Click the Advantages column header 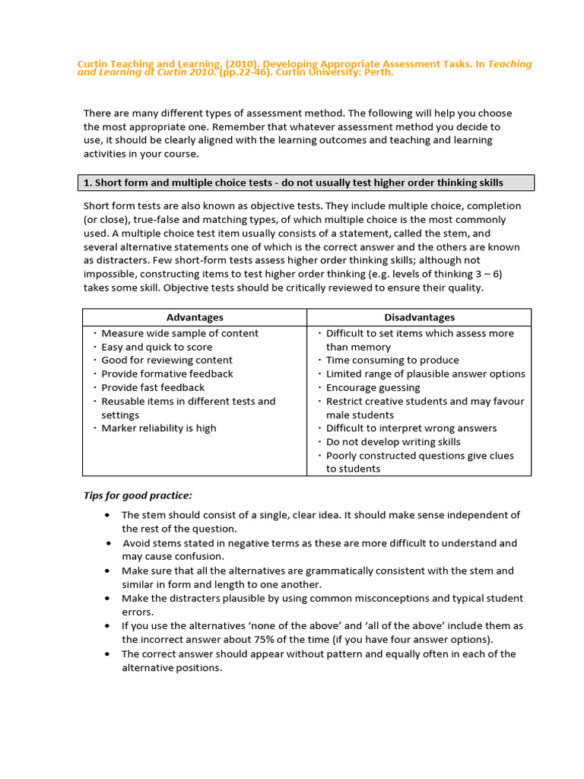(x=195, y=317)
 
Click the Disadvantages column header (x=419, y=317)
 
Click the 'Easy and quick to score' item (x=157, y=347)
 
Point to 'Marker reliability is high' (x=158, y=428)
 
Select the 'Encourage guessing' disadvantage (x=373, y=388)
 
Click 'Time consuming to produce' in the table (x=392, y=361)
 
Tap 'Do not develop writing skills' (x=393, y=442)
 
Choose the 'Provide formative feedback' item (x=167, y=374)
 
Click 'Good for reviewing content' (x=167, y=361)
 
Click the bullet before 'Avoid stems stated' (x=109, y=543)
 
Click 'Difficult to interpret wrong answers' (x=411, y=428)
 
